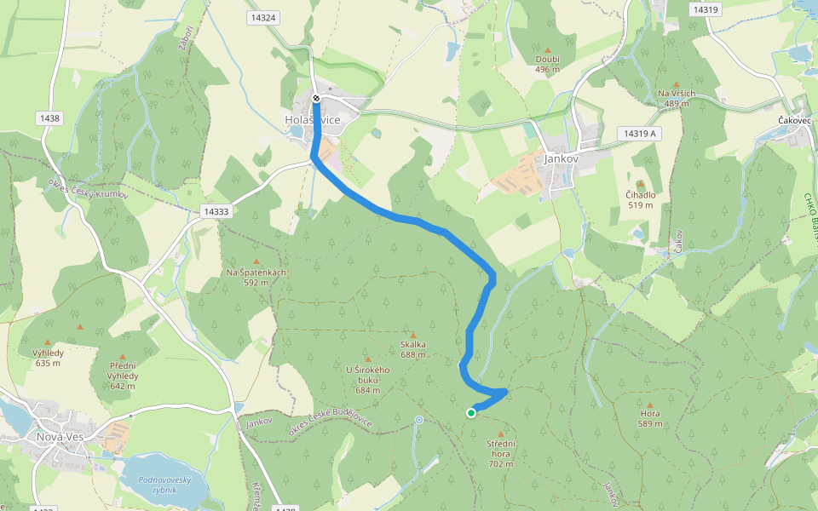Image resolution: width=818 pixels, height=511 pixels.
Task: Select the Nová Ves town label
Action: click(60, 437)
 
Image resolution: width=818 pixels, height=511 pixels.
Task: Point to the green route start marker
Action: click(471, 413)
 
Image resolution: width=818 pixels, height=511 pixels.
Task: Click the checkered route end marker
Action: click(316, 99)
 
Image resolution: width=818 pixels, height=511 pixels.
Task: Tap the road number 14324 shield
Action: click(264, 17)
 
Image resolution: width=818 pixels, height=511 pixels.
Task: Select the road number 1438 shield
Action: click(49, 118)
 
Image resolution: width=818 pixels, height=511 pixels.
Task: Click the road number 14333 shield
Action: click(216, 210)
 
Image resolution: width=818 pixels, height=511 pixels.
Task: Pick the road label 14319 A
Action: click(640, 134)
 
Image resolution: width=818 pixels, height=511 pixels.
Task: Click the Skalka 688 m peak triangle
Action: click(413, 336)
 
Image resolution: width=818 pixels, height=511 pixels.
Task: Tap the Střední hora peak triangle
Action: click(500, 434)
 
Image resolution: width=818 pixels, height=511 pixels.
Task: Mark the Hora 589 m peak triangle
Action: click(650, 405)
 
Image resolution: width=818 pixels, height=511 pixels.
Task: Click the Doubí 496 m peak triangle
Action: click(547, 49)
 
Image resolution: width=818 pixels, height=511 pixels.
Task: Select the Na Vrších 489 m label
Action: click(677, 98)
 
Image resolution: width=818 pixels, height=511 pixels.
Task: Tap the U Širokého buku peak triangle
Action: click(368, 359)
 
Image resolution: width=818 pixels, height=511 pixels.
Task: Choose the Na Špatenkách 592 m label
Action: click(256, 277)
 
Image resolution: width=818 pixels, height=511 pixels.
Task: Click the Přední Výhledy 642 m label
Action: click(122, 381)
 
